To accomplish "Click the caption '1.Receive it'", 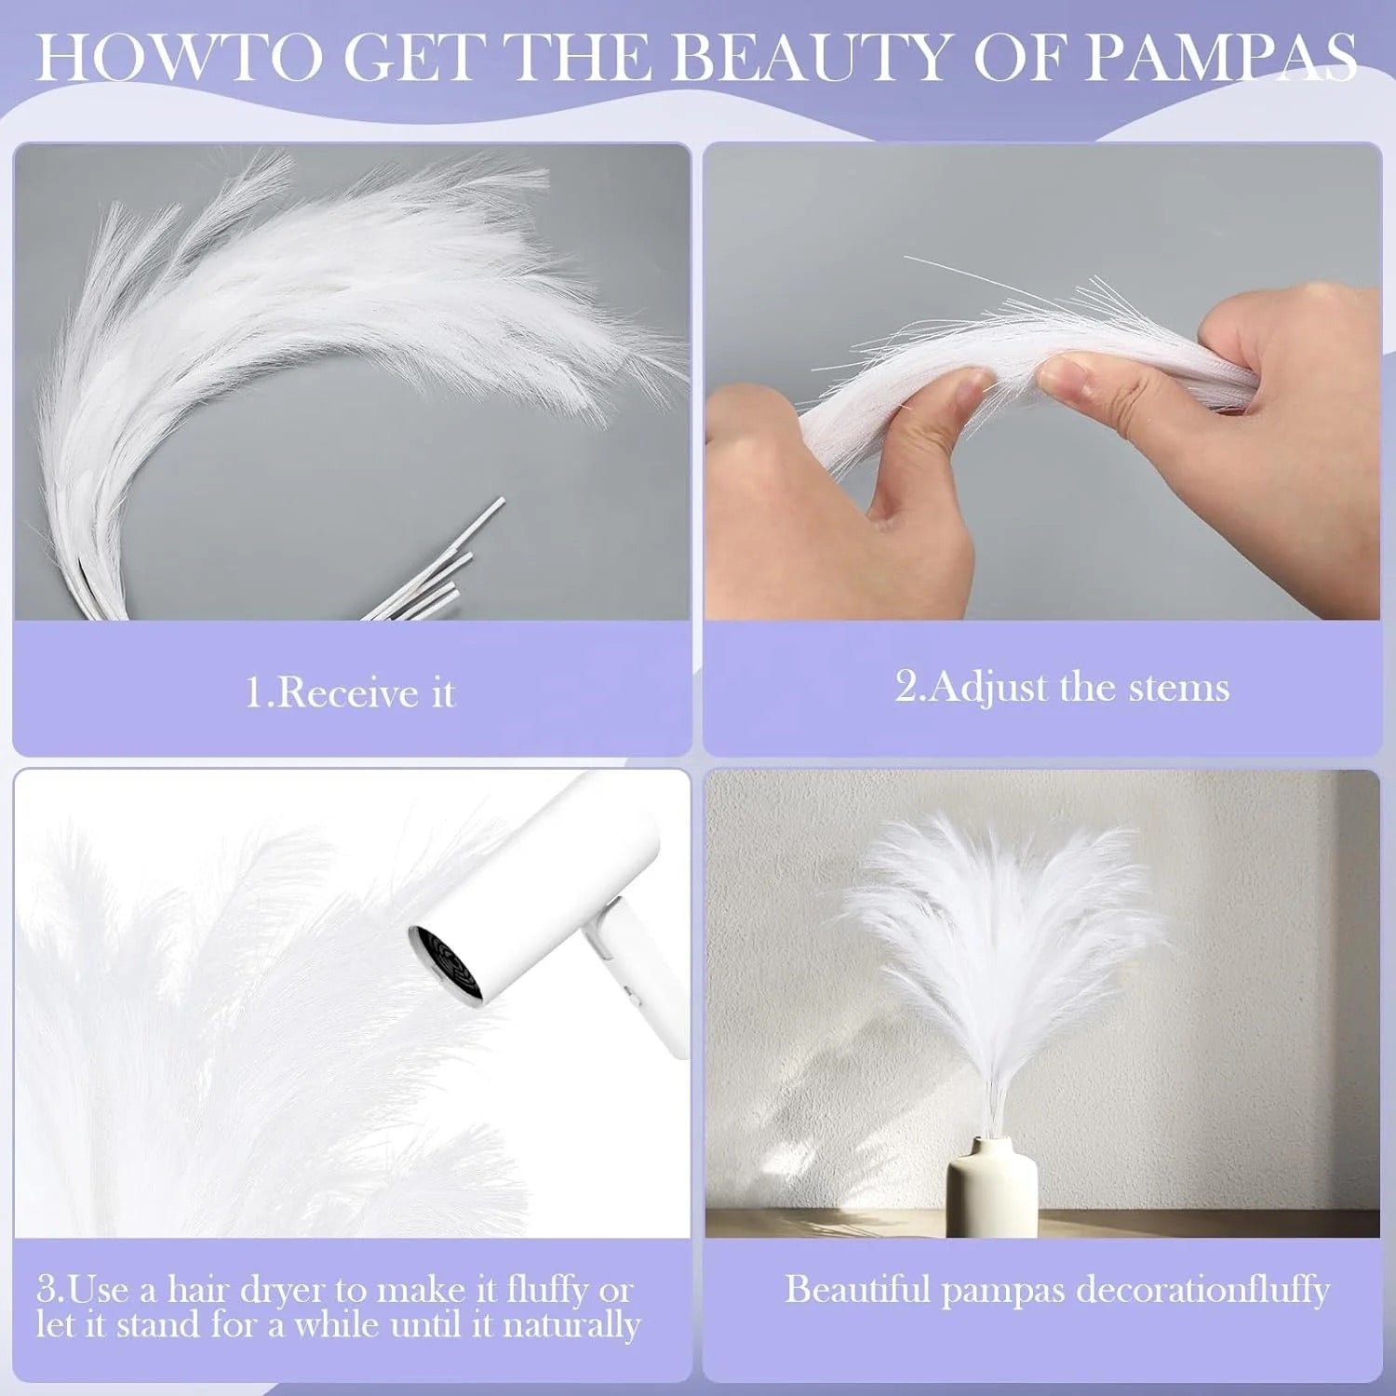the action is coord(350,693).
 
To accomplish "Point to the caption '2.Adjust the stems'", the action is coord(1062,687).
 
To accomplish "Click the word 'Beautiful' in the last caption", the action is coord(857,1290).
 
